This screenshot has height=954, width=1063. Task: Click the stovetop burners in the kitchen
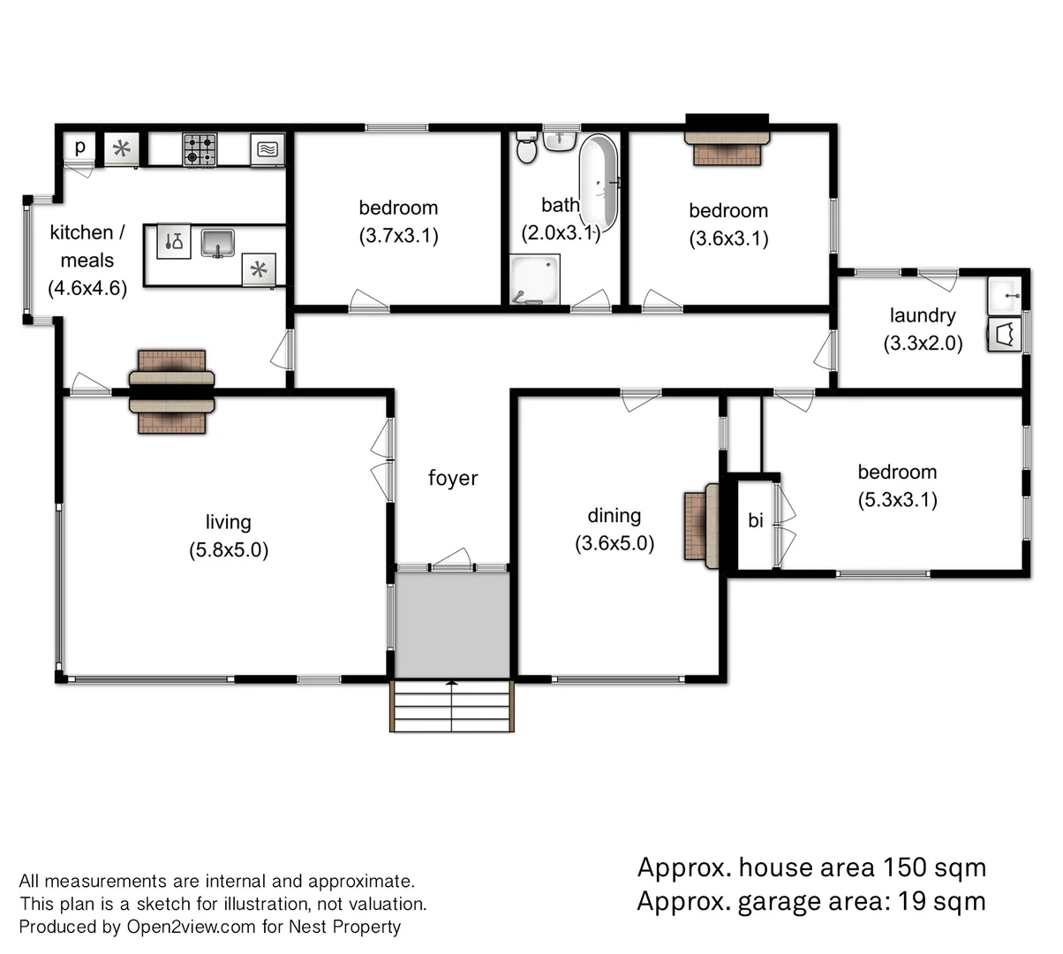click(200, 149)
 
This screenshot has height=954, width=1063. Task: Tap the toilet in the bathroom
click(526, 150)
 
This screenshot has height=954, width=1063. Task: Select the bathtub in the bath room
click(599, 181)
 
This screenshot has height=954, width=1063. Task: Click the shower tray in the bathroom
click(534, 279)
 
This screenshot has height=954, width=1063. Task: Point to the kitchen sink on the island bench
click(217, 241)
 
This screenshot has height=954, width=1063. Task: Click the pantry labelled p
click(80, 147)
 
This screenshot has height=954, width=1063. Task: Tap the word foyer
click(453, 478)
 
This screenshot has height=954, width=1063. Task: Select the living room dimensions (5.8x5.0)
click(228, 549)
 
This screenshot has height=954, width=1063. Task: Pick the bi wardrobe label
click(755, 521)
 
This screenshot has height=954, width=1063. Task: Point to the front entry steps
click(451, 706)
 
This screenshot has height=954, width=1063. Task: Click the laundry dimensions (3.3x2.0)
click(923, 343)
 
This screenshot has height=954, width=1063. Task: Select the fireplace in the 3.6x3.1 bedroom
click(727, 147)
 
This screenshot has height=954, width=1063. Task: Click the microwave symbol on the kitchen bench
click(268, 149)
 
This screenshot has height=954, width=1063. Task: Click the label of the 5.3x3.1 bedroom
click(897, 472)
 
